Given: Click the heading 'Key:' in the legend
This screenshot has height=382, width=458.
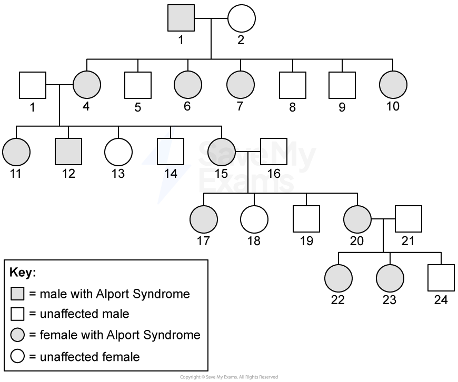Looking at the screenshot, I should pyautogui.click(x=23, y=273).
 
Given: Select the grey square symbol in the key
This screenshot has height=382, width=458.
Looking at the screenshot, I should pyautogui.click(x=17, y=294).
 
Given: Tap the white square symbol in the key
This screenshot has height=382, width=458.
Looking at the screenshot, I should pyautogui.click(x=17, y=314).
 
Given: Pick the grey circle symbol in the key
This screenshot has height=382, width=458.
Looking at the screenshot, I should pyautogui.click(x=17, y=335).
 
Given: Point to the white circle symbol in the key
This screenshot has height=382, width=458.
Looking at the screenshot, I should pyautogui.click(x=17, y=357).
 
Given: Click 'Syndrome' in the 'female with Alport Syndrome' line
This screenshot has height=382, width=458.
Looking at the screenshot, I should pyautogui.click(x=173, y=335).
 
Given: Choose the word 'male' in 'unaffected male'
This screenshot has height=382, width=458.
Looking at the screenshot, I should pyautogui.click(x=117, y=314).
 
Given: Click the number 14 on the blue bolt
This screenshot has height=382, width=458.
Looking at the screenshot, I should pyautogui.click(x=171, y=174).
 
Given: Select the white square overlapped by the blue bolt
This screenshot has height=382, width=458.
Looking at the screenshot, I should pyautogui.click(x=171, y=152).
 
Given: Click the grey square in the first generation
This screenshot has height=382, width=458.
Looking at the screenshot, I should pyautogui.click(x=181, y=18).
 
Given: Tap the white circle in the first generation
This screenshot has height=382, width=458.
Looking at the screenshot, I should pyautogui.click(x=242, y=18).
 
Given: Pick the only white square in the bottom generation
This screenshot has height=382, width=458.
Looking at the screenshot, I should pyautogui.click(x=441, y=278).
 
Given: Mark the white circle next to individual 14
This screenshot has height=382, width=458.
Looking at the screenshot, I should pyautogui.click(x=118, y=152).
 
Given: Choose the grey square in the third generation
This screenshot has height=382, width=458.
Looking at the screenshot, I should pyautogui.click(x=68, y=152).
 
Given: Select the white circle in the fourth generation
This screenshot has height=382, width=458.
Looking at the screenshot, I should pyautogui.click(x=254, y=219).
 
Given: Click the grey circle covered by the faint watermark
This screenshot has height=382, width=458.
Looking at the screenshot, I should pyautogui.click(x=222, y=152).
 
